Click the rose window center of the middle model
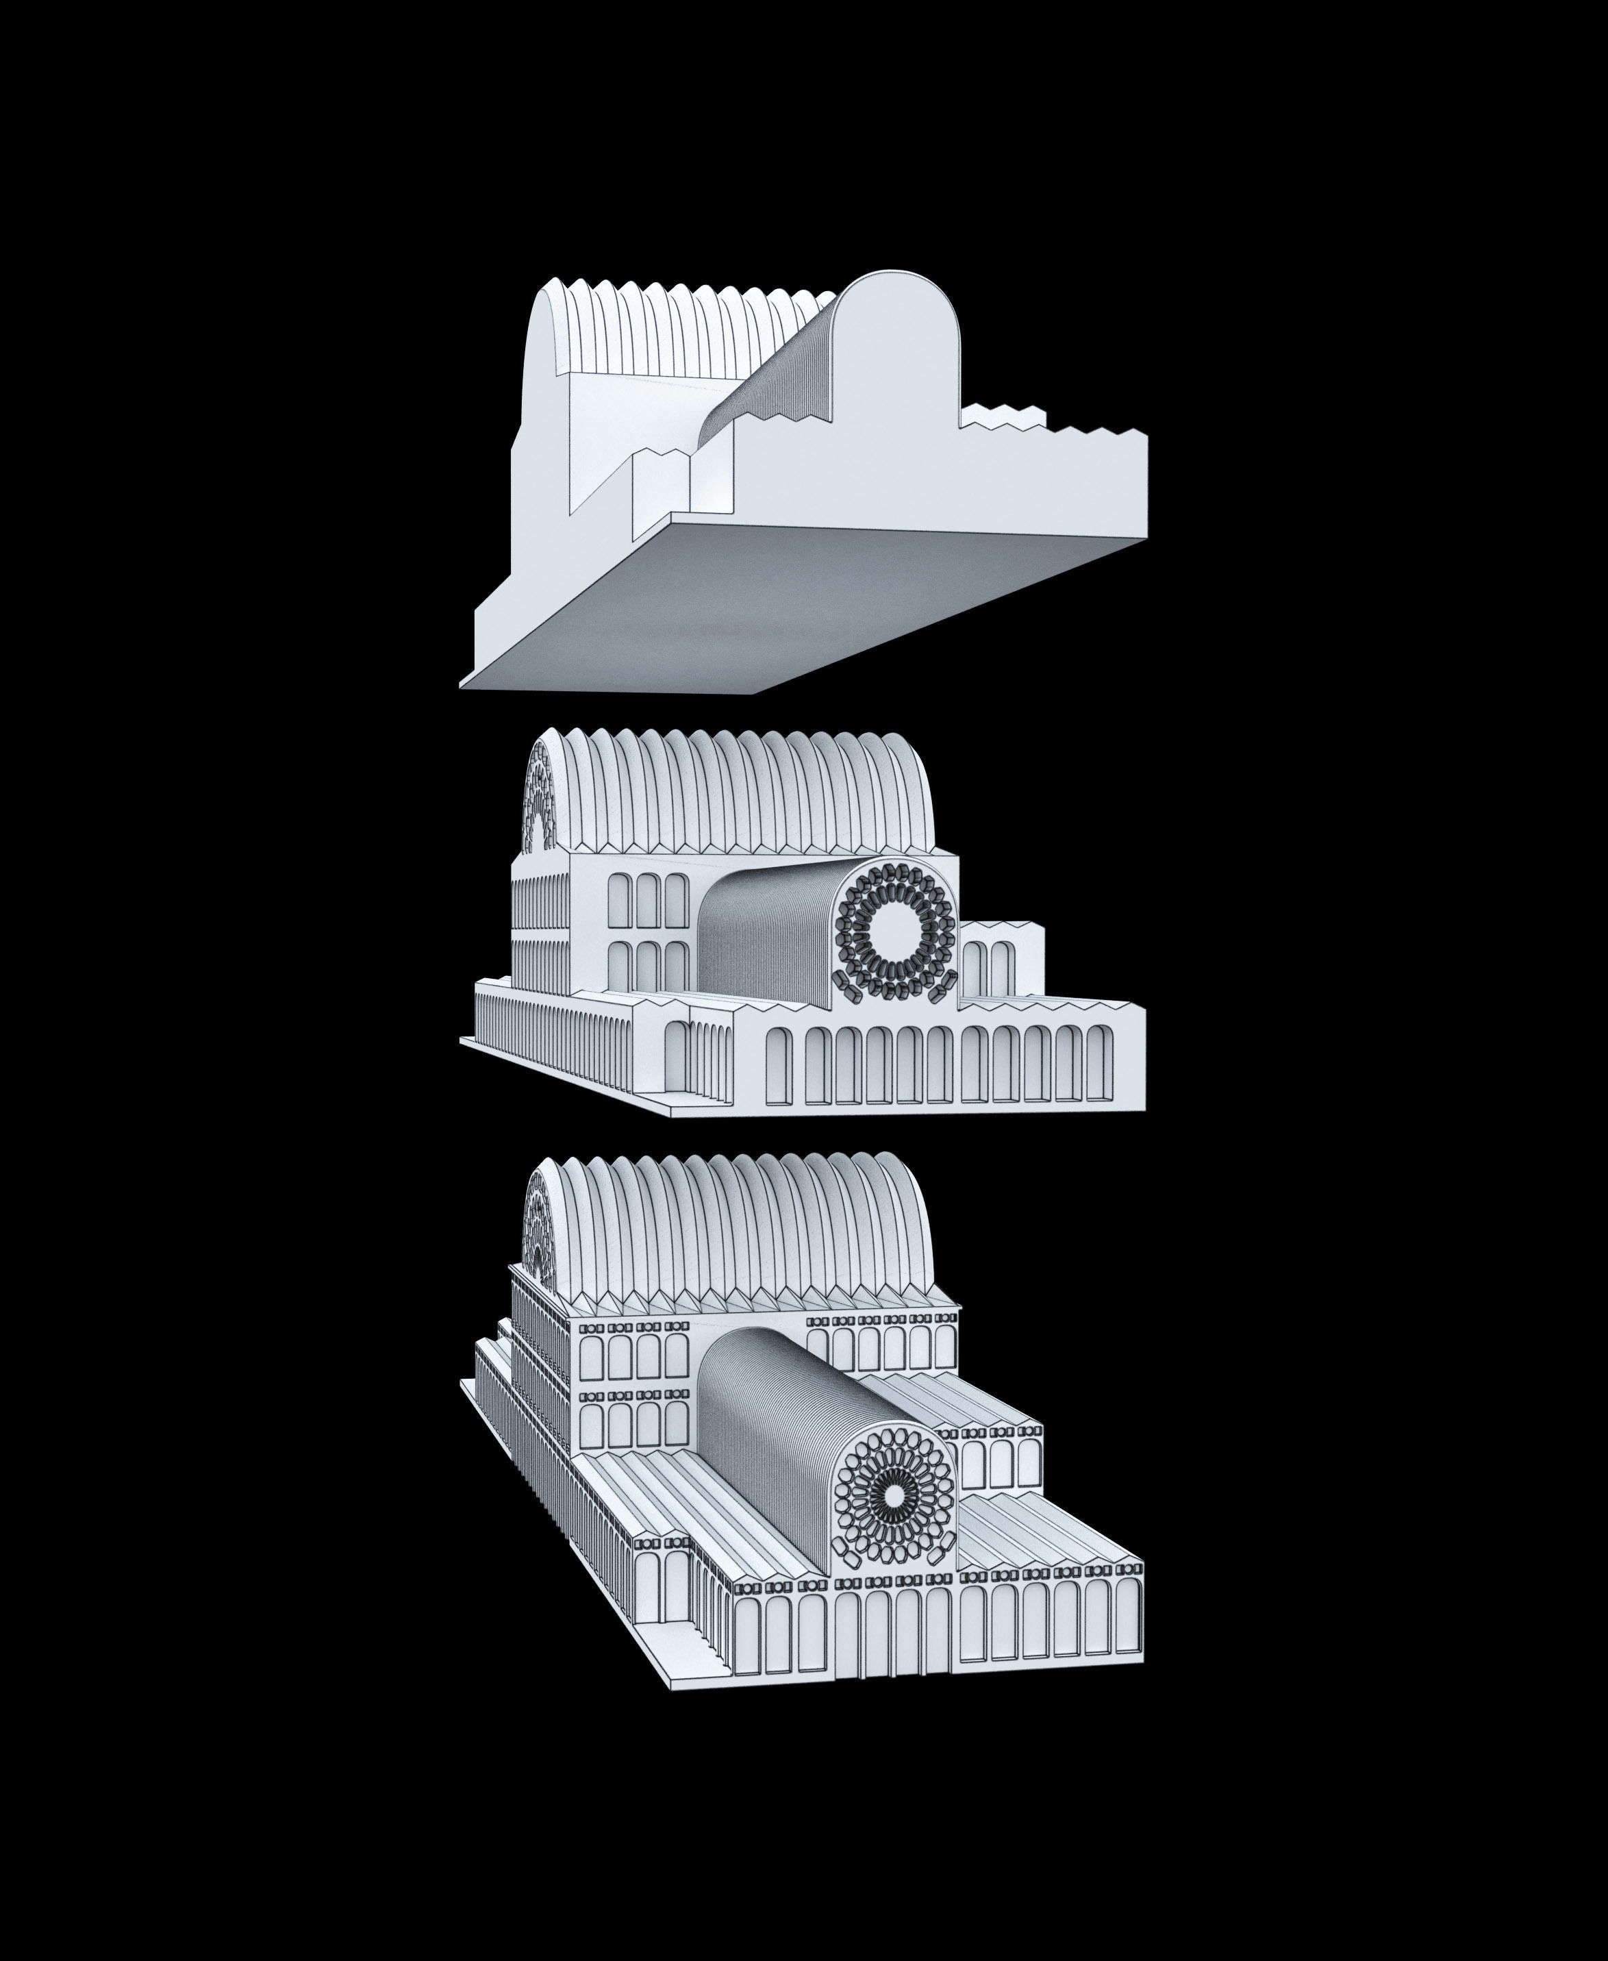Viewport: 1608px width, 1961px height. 895,934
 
